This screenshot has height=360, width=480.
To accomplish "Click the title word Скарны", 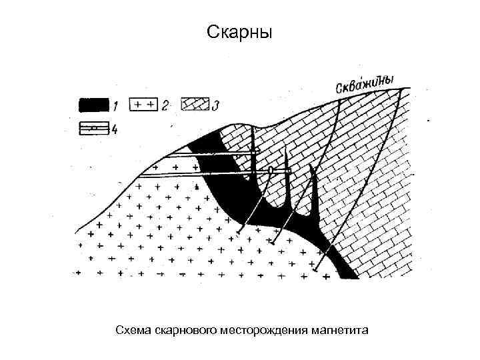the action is point(239,32).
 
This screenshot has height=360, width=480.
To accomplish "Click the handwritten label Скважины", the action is point(363,83).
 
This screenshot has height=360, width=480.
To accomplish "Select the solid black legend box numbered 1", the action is point(94,105).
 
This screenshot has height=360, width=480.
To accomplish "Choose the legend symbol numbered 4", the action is point(94,129).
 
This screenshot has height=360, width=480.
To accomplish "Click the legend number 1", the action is point(115,105).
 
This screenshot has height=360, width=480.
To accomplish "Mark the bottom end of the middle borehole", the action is point(272,243).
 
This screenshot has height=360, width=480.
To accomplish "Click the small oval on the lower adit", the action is point(271,172).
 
